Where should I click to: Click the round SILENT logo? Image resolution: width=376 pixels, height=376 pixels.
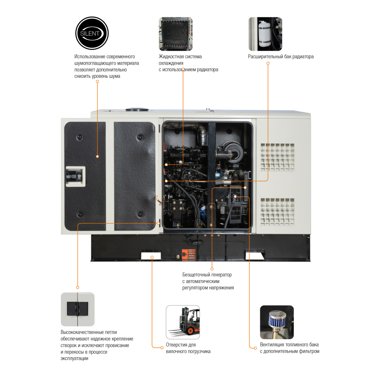[92, 33]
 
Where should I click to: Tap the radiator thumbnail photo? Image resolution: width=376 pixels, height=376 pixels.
[176, 34]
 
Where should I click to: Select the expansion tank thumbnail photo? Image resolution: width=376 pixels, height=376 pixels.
[265, 34]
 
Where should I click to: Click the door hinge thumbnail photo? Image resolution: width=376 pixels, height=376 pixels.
[77, 309]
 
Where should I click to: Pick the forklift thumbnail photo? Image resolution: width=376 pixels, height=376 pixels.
[183, 322]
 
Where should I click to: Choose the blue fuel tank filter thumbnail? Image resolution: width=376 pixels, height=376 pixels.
[277, 322]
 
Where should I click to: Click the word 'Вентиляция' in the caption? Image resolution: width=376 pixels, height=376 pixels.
[273, 345]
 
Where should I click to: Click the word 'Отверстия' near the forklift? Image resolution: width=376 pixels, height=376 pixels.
[177, 345]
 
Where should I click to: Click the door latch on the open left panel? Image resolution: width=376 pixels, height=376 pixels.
[76, 176]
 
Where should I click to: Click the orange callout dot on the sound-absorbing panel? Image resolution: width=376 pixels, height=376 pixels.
[97, 156]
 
